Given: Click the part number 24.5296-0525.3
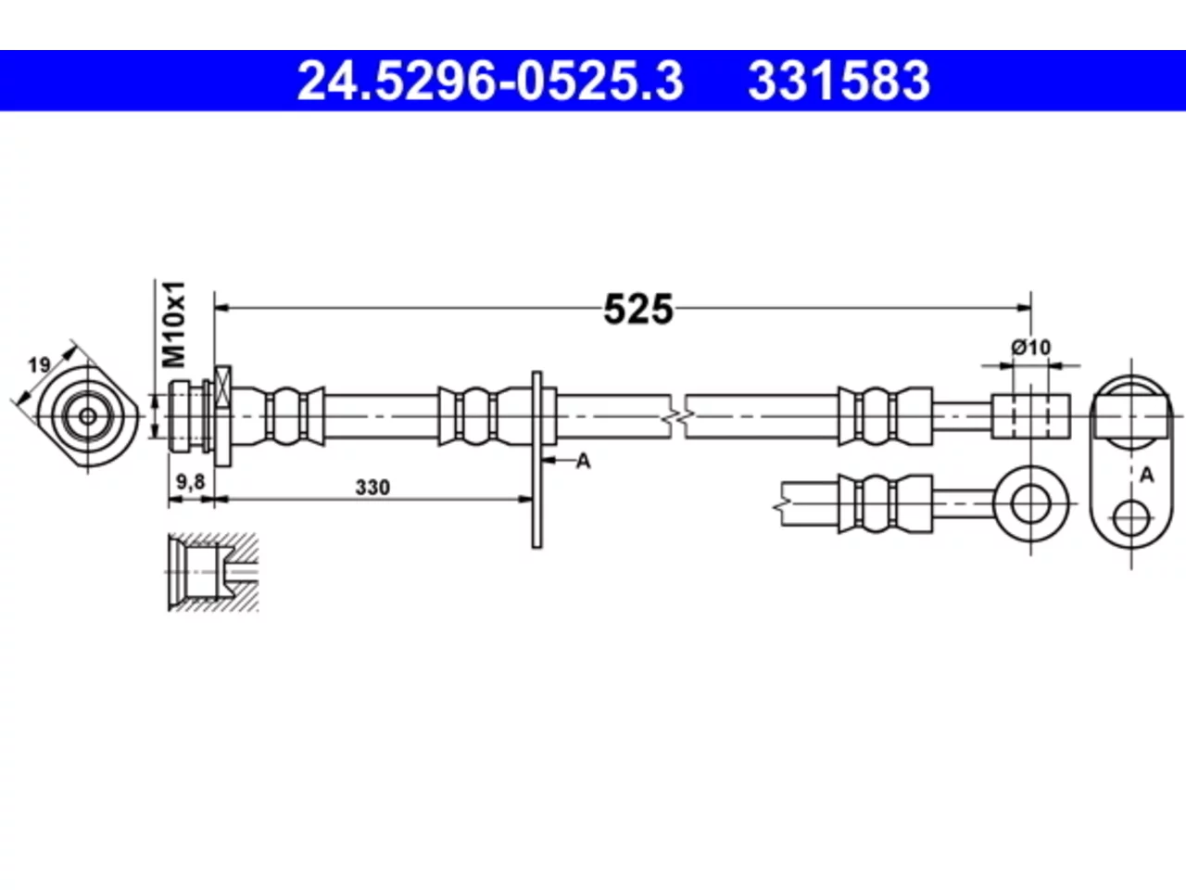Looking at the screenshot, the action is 490,81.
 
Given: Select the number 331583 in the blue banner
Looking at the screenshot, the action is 839,81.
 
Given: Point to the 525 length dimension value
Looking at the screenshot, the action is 638,310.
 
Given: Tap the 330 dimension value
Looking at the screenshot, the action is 372,488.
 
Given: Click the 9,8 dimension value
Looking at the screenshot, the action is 191,481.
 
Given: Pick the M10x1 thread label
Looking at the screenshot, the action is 174,324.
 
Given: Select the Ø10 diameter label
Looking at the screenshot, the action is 1031,347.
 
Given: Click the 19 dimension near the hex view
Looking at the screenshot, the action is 39,366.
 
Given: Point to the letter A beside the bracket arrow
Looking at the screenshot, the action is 584,461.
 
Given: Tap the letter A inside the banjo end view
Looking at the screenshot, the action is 1146,475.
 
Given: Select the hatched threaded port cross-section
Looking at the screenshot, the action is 213,573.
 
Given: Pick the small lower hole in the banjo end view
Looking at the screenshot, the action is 1131,518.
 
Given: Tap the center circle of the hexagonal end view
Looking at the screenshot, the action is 87,416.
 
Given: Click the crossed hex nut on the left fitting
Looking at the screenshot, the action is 222,416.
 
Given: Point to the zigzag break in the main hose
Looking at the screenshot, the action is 678,416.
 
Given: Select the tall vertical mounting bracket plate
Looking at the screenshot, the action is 536,460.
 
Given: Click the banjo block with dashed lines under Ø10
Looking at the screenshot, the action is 1031,416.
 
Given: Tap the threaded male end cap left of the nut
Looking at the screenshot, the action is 179,416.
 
